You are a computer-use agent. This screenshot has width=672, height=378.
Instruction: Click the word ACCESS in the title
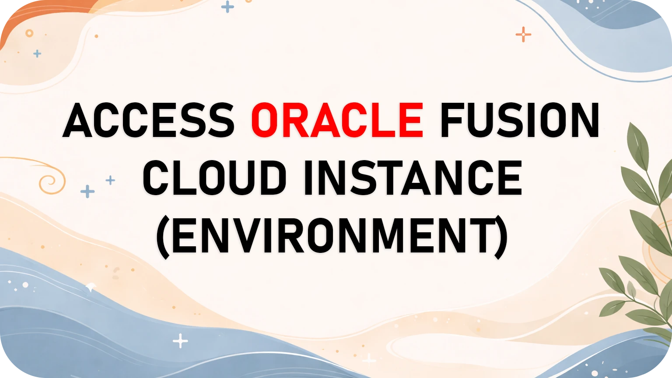pos(149,120)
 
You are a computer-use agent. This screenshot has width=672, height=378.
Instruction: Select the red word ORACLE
pos(337,120)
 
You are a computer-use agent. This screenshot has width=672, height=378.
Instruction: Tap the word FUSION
pos(520,120)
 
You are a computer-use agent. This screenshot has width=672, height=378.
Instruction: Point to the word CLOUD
pos(214,178)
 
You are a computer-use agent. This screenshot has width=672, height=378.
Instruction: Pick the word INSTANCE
pos(413,178)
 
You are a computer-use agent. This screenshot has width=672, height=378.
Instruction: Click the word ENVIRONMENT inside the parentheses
pos(332,236)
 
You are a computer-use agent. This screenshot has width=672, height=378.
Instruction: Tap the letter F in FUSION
pos(452,120)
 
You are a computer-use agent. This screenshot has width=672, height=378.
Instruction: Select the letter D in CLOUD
pos(272,178)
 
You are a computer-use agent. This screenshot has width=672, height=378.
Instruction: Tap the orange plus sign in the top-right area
pos(523,34)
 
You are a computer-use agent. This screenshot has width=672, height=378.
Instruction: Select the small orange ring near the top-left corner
pos(29,33)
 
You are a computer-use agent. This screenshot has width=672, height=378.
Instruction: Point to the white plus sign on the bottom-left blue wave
pos(180,341)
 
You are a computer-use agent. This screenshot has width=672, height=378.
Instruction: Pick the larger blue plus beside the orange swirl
pos(87,191)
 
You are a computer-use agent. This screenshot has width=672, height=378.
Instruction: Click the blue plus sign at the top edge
pos(227,7)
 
